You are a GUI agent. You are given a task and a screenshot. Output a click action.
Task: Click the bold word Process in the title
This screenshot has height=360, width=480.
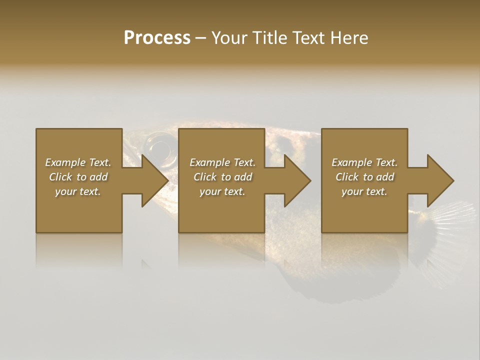(157, 38)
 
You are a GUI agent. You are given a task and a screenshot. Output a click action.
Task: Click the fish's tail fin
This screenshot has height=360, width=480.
(452, 220)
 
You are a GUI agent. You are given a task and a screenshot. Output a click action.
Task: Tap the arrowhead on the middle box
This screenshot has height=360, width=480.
(296, 180)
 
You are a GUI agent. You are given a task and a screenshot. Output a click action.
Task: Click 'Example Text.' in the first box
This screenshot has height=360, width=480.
(78, 162)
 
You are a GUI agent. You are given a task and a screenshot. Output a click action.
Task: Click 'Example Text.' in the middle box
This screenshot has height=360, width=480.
(222, 162)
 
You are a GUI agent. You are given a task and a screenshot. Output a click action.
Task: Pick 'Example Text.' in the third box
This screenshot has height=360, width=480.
(364, 162)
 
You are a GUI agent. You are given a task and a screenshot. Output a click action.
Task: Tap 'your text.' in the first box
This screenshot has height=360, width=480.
(78, 191)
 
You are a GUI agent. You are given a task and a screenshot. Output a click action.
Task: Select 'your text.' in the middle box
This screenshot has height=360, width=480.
(222, 191)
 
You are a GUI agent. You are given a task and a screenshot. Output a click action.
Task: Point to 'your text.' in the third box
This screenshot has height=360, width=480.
(364, 191)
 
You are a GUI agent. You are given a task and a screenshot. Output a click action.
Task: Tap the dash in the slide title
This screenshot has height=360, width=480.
(200, 38)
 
